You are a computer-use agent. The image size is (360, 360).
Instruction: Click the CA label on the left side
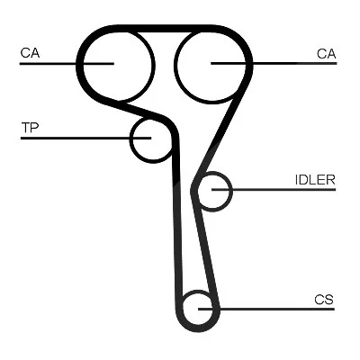coord(30,53)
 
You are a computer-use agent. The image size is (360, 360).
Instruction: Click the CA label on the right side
coord(327,54)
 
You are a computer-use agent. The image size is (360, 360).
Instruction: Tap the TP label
coord(30,128)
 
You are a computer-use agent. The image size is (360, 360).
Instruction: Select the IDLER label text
coord(315,180)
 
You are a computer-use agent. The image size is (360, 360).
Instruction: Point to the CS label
coord(324,300)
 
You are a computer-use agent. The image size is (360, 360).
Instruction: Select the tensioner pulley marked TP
coord(130,139)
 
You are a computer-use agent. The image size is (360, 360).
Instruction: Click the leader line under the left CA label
coord(67,64)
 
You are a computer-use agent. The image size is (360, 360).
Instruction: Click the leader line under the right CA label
coord(274,63)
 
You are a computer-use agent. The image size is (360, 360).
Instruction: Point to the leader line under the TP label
coord(85,138)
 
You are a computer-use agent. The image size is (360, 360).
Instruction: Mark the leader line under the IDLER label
coord(274,190)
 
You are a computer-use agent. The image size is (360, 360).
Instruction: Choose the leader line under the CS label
coord(266,309)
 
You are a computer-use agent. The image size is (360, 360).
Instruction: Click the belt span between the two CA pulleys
coord(165,29)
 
